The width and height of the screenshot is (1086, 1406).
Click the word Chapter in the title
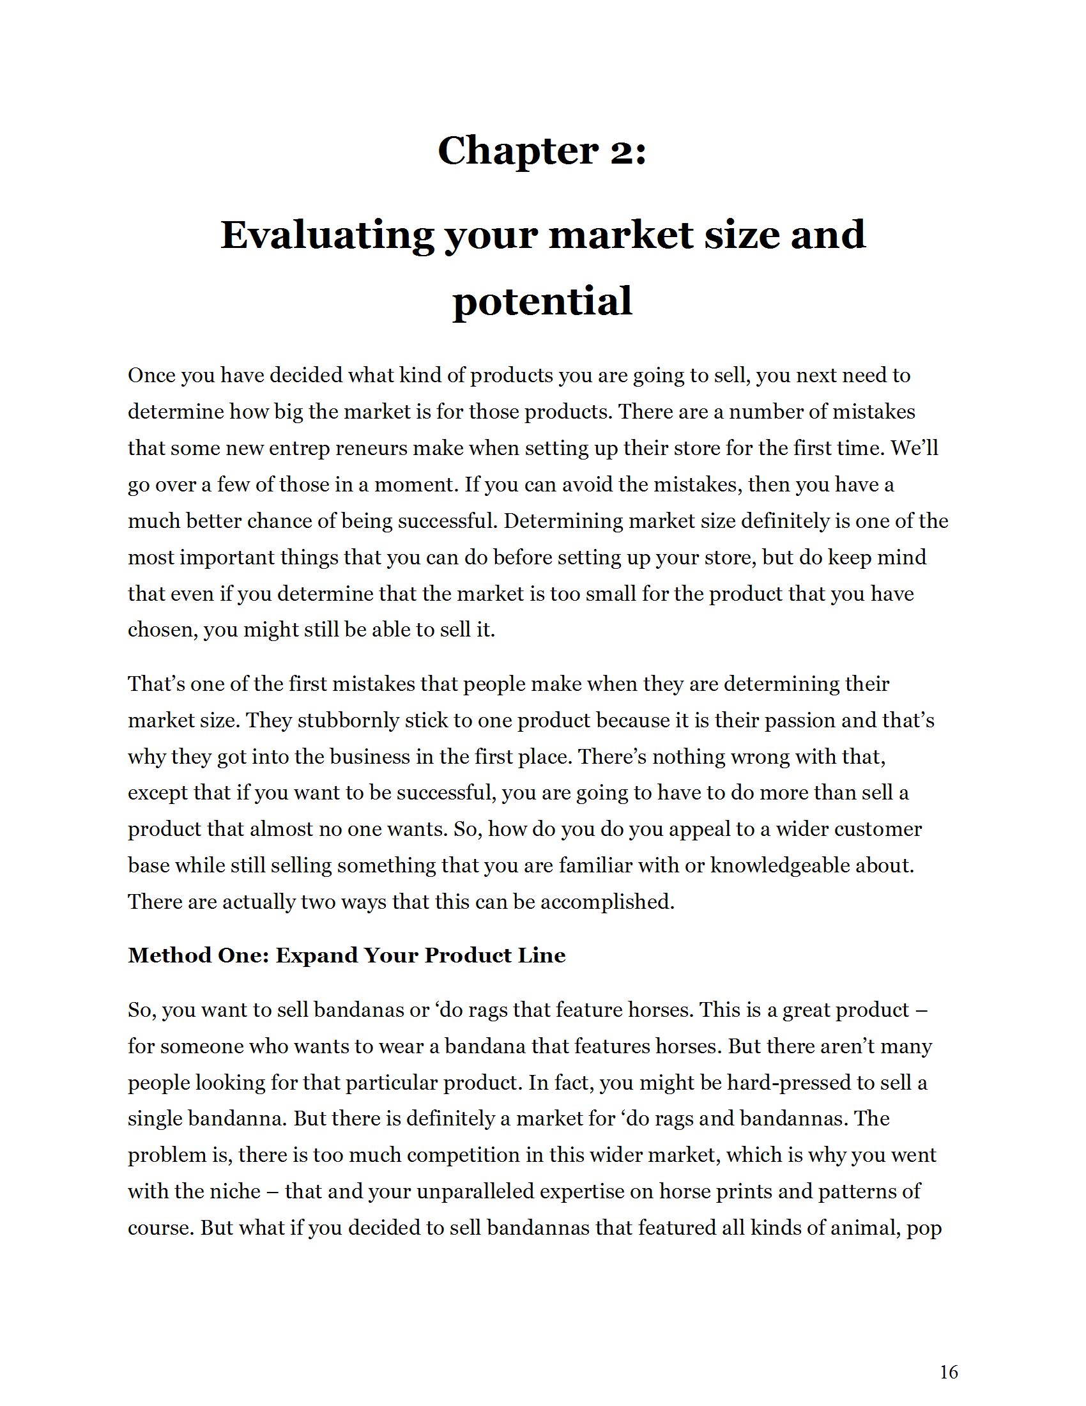pyautogui.click(x=518, y=151)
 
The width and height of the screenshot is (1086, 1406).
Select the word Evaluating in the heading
pyautogui.click(x=328, y=236)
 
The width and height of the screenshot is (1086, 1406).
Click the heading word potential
pyautogui.click(x=542, y=301)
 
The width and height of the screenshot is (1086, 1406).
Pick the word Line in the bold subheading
pyautogui.click(x=544, y=955)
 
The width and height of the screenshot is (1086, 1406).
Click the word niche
pyautogui.click(x=236, y=1192)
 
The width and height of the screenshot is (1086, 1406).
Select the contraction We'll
pyautogui.click(x=914, y=448)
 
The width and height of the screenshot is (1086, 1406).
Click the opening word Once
pyautogui.click(x=151, y=375)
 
